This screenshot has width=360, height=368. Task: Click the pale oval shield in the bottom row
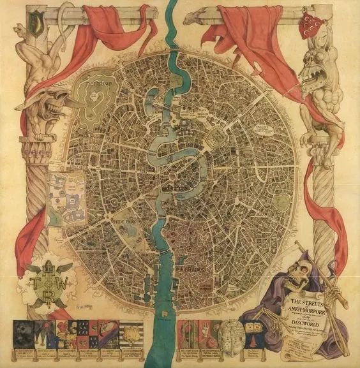coord(227,332)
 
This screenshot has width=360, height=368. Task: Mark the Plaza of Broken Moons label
coord(203,108)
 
